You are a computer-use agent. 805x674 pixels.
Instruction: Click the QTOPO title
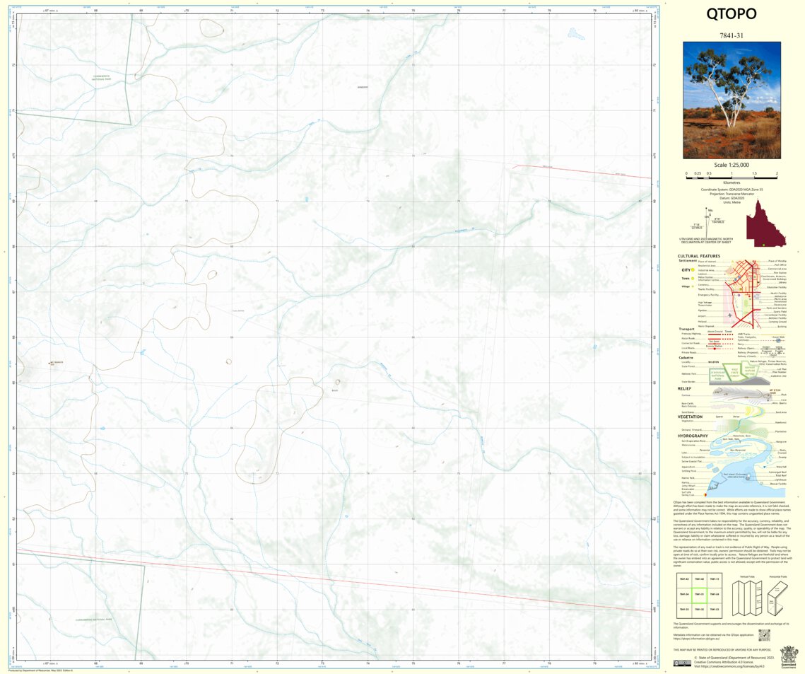click(x=731, y=14)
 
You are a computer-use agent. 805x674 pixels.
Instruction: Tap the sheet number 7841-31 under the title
click(x=731, y=35)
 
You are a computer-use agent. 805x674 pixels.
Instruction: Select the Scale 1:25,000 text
click(x=731, y=165)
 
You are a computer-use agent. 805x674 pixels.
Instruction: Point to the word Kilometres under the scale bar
click(x=731, y=182)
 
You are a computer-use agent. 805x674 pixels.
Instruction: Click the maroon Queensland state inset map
click(x=767, y=223)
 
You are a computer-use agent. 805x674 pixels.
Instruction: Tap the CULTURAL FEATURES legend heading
click(x=699, y=256)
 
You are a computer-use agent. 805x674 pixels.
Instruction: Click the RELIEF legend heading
click(x=684, y=388)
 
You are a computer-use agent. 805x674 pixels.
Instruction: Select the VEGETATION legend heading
click(x=691, y=417)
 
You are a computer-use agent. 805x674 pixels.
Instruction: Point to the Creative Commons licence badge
click(x=683, y=663)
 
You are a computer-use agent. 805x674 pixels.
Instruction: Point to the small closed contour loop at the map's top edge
click(x=211, y=27)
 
